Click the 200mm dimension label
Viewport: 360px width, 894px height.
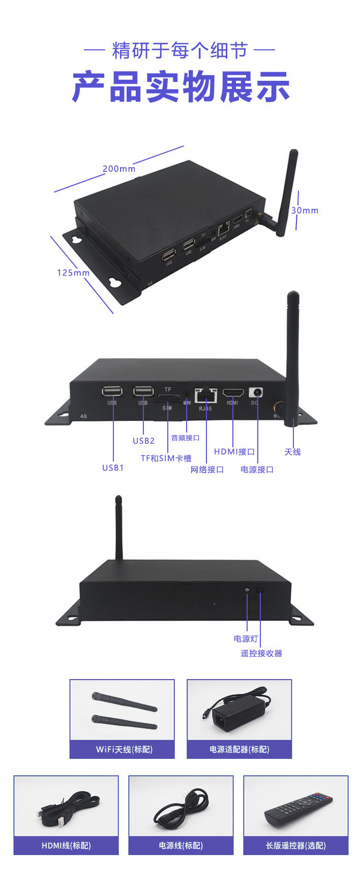(x=119, y=169)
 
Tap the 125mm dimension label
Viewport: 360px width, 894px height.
(x=73, y=273)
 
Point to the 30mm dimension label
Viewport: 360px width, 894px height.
(x=305, y=210)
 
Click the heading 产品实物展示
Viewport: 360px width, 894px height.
(x=181, y=87)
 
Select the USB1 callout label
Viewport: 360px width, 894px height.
(x=113, y=468)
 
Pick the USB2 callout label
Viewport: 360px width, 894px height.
(x=143, y=441)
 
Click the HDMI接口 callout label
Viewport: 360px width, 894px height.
(x=234, y=451)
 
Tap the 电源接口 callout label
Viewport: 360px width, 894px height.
(x=257, y=470)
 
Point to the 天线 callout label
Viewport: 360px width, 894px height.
(x=292, y=451)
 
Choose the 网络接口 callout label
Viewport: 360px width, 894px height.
(x=207, y=470)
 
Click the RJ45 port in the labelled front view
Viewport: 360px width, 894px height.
(x=206, y=394)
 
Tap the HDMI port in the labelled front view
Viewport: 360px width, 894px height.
(x=233, y=393)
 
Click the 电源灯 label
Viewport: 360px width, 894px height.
(x=246, y=639)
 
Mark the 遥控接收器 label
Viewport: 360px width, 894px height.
(x=261, y=653)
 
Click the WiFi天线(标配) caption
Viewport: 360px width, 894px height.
(x=124, y=749)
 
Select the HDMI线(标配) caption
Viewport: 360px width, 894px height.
(x=66, y=846)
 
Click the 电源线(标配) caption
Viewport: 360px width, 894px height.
(x=181, y=846)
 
